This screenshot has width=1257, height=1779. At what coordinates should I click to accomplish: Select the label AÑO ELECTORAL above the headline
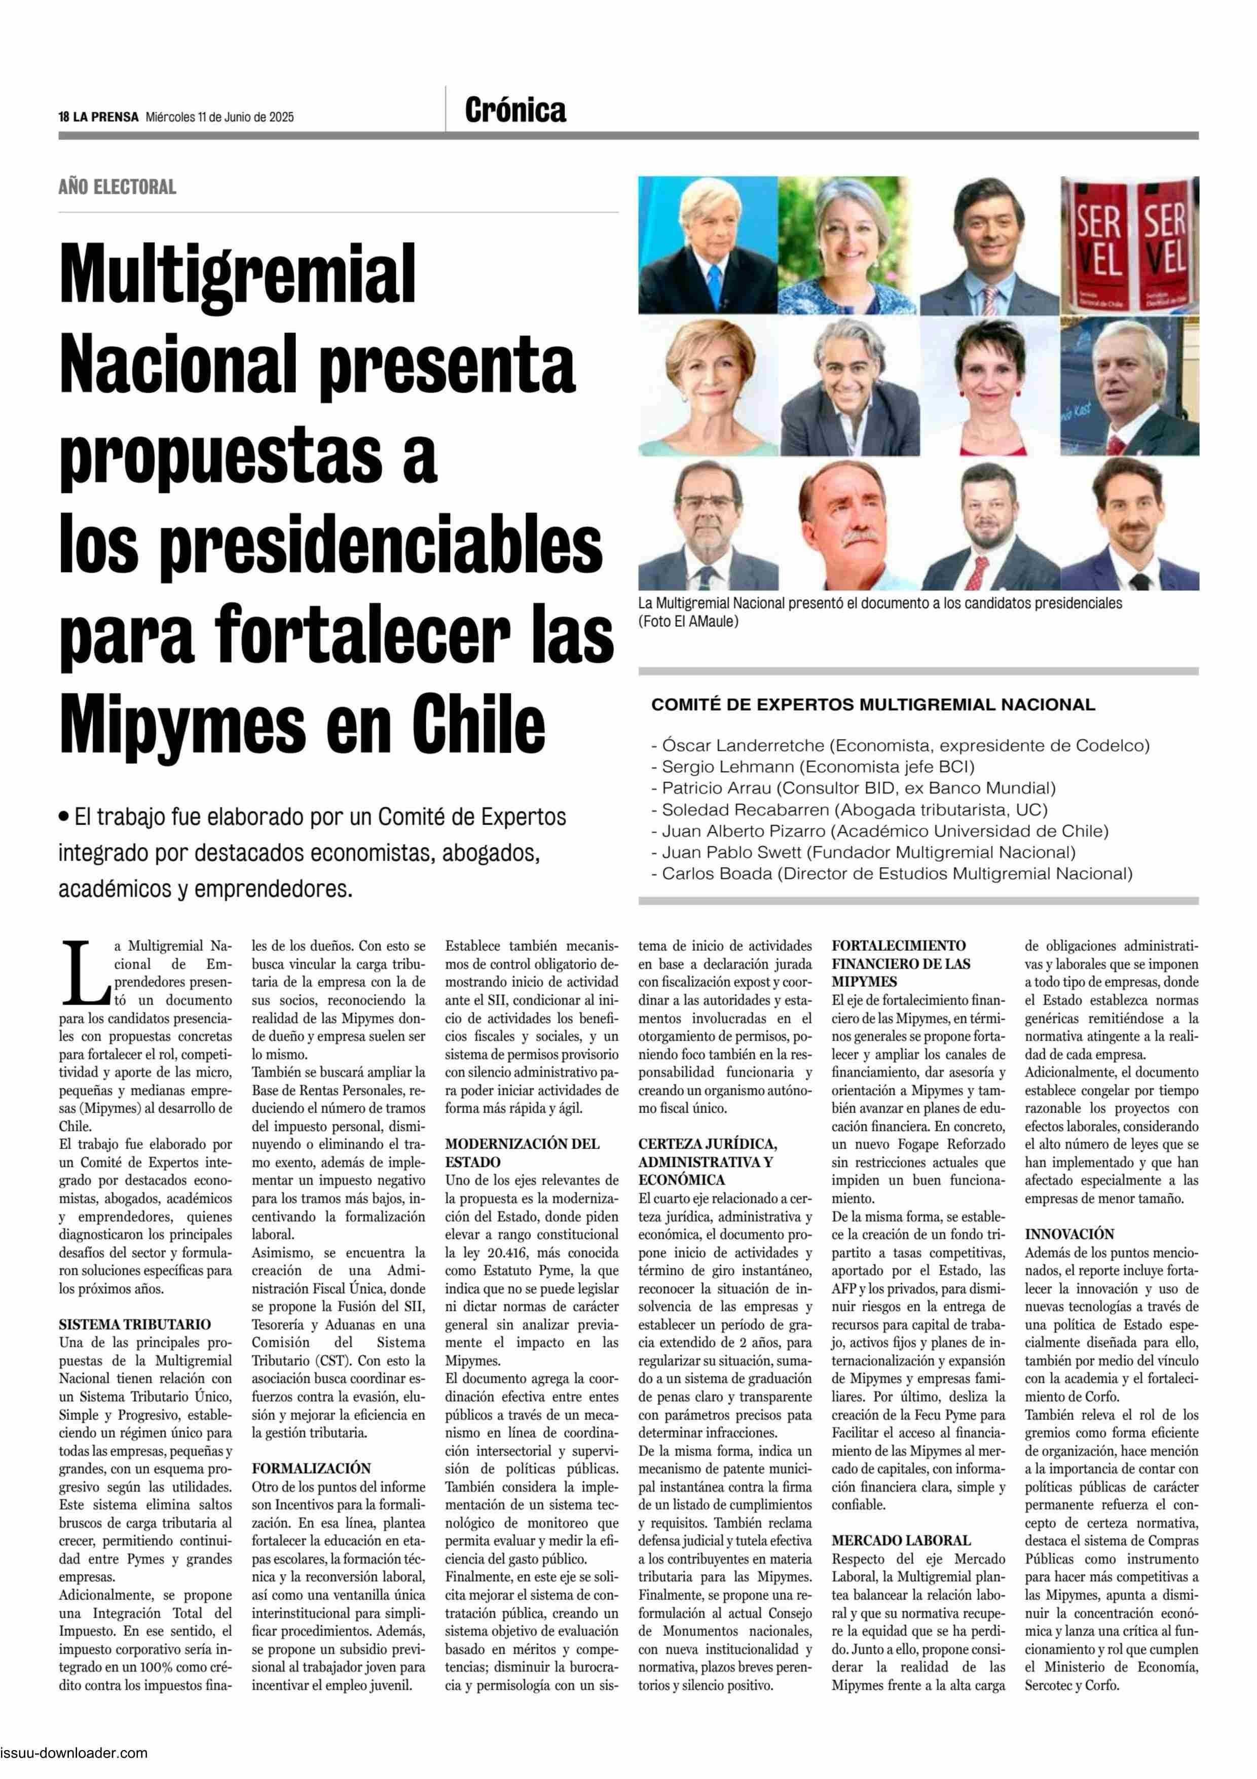(x=117, y=187)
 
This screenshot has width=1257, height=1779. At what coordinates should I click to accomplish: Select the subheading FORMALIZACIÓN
(x=311, y=1468)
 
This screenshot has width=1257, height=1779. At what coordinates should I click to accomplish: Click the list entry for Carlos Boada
(x=896, y=874)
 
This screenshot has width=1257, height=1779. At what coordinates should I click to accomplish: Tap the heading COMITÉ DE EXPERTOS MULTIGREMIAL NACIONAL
(x=873, y=704)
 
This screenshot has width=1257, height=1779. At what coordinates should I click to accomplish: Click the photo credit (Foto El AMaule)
(x=688, y=621)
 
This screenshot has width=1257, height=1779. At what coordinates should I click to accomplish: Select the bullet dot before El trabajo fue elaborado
(x=63, y=816)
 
